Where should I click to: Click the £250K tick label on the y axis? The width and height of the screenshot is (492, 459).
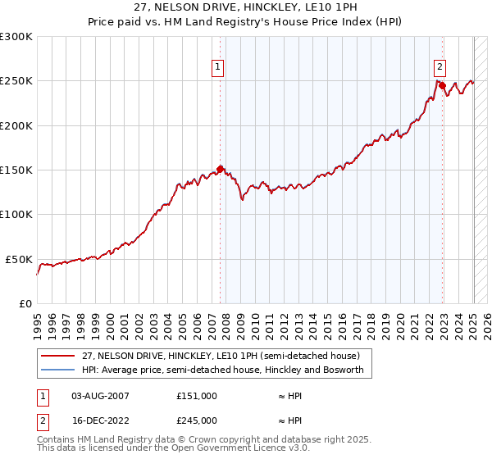pos(16,81)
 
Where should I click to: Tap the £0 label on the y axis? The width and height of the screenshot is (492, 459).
pos(25,303)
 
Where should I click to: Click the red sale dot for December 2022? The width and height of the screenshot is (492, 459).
pos(442,85)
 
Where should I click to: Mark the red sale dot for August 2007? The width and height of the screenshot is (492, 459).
pos(221,170)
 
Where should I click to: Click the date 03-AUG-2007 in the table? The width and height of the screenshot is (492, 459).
pos(101,396)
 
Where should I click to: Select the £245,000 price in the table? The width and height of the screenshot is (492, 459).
pos(197,420)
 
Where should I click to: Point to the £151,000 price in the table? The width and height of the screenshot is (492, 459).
pos(197,396)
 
